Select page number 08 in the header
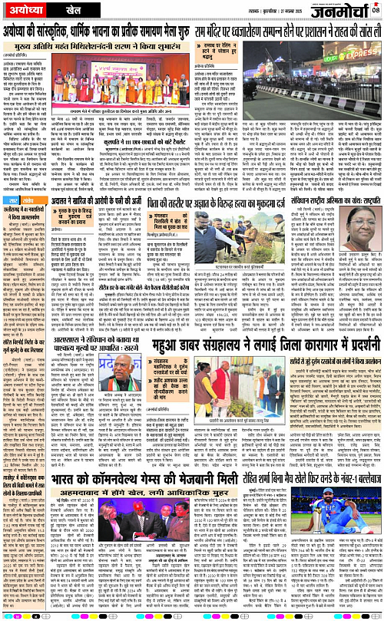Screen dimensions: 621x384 pyautogui.click(x=376, y=10)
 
